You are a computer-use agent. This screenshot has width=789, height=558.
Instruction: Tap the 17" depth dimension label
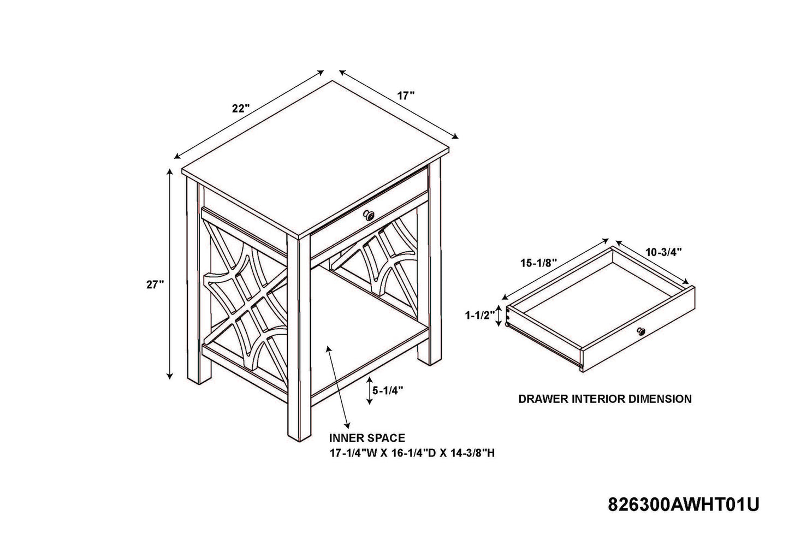tap(406, 96)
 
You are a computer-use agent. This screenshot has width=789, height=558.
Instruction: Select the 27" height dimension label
tap(155, 284)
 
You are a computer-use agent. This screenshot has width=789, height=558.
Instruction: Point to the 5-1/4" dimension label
tap(388, 390)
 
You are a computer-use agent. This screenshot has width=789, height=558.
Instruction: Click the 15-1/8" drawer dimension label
tap(538, 263)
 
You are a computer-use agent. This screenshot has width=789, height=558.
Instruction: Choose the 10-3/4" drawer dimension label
tap(664, 252)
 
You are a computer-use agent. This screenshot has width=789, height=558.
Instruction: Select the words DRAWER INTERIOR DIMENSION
tap(605, 399)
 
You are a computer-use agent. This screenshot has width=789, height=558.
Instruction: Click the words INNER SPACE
tap(367, 438)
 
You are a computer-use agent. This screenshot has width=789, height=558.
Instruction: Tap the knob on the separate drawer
tap(640, 331)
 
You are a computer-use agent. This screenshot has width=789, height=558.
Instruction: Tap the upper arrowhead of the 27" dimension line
tap(170, 172)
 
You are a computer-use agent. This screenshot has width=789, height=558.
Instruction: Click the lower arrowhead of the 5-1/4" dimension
tap(370, 402)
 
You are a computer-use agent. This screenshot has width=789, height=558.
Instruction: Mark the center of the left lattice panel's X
tap(246, 301)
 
